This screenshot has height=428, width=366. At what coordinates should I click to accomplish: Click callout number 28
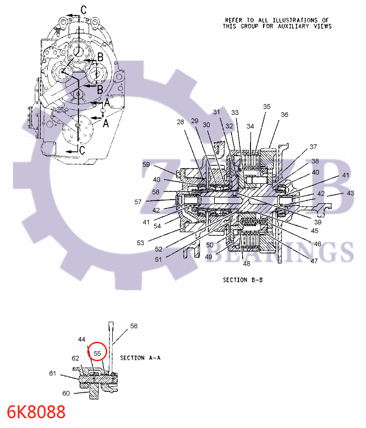pyautogui.click(x=180, y=122)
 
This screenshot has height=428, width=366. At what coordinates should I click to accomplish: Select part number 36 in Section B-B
pyautogui.click(x=284, y=115)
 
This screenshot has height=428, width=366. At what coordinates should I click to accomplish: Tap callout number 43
pyautogui.click(x=350, y=193)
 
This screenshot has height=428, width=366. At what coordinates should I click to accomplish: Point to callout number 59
pyautogui.click(x=146, y=164)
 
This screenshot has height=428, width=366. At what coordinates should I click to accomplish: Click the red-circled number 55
pyautogui.click(x=97, y=353)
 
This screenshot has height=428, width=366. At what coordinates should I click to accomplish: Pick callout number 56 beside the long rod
pyautogui.click(x=134, y=326)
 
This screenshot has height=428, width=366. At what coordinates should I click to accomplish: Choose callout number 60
pyautogui.click(x=66, y=393)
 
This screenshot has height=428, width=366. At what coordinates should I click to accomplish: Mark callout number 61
pyautogui.click(x=53, y=373)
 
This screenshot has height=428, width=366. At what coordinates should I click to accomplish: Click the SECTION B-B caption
pyautogui.click(x=243, y=280)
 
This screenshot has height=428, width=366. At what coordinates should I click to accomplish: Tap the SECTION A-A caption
pyautogui.click(x=140, y=358)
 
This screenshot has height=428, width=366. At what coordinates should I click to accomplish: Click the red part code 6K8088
pyautogui.click(x=36, y=412)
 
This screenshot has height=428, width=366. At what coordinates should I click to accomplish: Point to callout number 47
pyautogui.click(x=314, y=261)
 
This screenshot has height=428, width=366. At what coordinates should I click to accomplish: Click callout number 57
pyautogui.click(x=138, y=202)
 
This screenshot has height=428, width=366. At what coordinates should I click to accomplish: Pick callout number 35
pyautogui.click(x=267, y=106)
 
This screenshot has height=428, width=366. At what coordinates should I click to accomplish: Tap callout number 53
pyautogui.click(x=140, y=242)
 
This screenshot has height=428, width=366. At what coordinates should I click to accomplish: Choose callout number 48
pyautogui.click(x=246, y=264)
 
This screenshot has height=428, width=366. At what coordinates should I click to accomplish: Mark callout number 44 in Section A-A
pyautogui.click(x=82, y=340)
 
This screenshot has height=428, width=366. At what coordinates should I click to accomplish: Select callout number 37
pyautogui.click(x=314, y=147)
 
